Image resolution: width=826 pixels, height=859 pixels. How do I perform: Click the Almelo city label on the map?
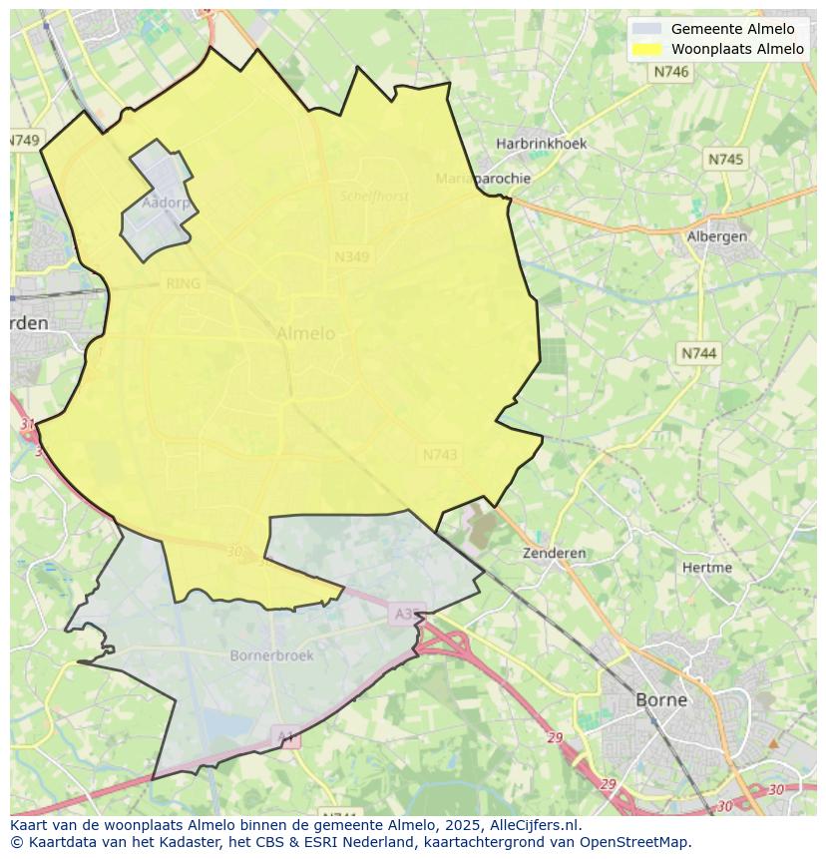pos(305,333)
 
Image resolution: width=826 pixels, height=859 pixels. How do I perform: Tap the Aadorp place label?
pos(166,203)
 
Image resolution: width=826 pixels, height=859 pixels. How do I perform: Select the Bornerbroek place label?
pos(271,655)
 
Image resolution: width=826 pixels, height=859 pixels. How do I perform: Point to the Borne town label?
pos(661,699)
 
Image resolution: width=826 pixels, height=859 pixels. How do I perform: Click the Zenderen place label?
pos(554,553)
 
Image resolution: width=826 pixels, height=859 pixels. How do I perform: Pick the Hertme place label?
pos(706,568)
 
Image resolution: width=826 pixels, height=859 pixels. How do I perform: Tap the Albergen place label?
pos(717,236)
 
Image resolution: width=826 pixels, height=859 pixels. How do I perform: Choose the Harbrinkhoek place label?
pos(542,144)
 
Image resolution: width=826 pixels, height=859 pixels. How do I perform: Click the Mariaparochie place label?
pos(483,179)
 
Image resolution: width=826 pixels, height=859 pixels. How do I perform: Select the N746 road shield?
pos(671,72)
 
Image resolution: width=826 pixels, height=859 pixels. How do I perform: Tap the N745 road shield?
pos(725,160)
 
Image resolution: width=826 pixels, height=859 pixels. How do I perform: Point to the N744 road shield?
pos(698,353)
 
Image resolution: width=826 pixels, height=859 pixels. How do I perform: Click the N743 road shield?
pos(440,454)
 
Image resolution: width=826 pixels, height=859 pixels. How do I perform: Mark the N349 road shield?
pos(351,256)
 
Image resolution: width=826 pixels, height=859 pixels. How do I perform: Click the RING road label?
pos(183,283)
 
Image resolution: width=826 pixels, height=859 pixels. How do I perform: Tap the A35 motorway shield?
pos(406,615)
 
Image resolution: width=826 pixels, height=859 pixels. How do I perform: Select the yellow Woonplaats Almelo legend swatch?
pos(647,49)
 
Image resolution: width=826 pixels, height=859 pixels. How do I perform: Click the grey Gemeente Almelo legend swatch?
pos(647,29)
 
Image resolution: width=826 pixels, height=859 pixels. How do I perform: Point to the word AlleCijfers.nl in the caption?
pos(534,825)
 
